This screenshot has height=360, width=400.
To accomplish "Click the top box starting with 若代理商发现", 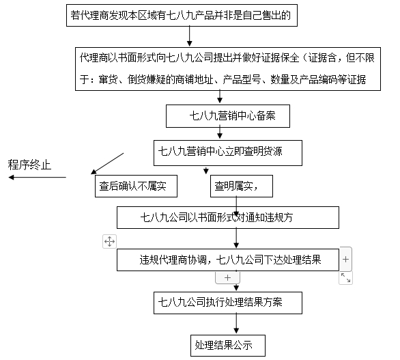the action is (x=182, y=15).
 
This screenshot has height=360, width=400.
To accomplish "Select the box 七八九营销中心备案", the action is (x=228, y=116).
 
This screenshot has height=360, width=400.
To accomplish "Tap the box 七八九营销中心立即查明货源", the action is (x=228, y=153).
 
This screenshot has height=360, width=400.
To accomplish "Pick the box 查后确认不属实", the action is (x=136, y=186).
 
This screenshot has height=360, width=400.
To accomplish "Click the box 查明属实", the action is (x=242, y=186).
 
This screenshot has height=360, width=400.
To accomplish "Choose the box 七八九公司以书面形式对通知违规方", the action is (x=228, y=217).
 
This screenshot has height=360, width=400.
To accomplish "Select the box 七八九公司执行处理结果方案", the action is (x=228, y=303).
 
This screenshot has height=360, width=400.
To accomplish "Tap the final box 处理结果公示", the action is (x=228, y=346).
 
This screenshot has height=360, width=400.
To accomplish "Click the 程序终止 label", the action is (x=29, y=165).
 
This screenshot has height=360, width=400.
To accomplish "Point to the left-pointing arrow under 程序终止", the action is (x=38, y=177).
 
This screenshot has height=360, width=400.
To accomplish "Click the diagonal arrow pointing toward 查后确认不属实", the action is (x=107, y=163).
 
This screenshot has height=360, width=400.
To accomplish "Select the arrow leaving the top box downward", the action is (x=189, y=36).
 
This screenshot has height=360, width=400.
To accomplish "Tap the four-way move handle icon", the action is (x=109, y=241).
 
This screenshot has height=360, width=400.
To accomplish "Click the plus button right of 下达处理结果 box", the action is (x=345, y=259).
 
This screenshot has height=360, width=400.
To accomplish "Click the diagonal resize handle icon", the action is (x=345, y=278).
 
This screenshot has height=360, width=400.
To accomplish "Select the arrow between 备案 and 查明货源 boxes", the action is (x=220, y=133).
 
